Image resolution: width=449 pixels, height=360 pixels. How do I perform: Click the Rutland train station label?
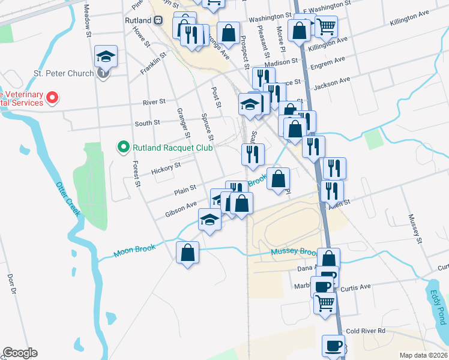coord(138,19)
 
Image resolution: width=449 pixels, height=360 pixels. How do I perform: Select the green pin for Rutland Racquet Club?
coord(123,146)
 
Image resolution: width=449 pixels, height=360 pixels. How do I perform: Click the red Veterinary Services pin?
coord(52,97)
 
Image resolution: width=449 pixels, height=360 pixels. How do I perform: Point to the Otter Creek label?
coord(68,199)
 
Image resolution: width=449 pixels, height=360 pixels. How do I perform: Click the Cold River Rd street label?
coord(365,331)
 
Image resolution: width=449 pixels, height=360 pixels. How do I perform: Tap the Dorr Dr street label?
coord(11,284)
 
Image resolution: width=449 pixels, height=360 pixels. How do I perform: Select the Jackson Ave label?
coord(331,83)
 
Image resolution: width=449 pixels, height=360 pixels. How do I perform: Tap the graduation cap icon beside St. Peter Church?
coord(106,57)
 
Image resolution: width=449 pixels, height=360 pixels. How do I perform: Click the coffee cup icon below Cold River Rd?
coord(333,346)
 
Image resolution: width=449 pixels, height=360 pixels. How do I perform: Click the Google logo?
coord(20,353)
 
